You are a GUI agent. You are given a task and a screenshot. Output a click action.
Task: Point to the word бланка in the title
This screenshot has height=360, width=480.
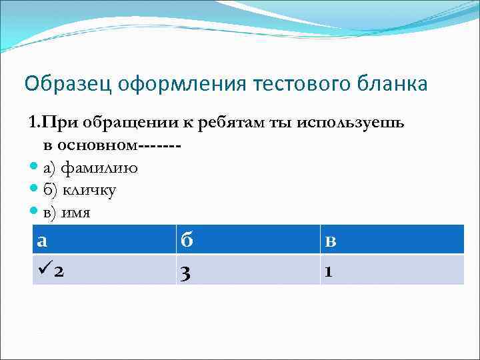coord(394,85)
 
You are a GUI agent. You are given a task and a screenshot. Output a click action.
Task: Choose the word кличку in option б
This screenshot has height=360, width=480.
coord(90,191)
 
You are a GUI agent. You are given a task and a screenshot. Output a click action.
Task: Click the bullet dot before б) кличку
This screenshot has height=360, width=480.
coord(35,190)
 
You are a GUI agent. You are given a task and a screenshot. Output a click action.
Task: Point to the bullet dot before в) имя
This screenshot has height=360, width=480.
coord(35,212)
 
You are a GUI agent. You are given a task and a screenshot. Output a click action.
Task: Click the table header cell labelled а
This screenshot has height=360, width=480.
coord(103,239)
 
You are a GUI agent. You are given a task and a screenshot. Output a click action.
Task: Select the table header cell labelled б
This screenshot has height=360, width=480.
coord(247,239)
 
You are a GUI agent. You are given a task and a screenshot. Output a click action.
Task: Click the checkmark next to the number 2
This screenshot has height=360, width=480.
coord(45,270)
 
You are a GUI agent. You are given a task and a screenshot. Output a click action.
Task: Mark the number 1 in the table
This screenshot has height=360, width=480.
coord(327,271)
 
